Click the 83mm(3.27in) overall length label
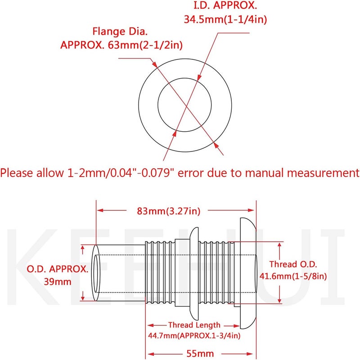pos(168,211)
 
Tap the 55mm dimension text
pos(200,354)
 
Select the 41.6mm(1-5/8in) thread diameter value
pos(293,276)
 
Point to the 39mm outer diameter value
pos(58,281)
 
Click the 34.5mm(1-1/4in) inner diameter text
pos(225,19)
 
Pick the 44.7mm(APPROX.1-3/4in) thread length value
pos(194,336)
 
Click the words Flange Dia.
pos(120,31)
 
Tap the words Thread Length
pos(194,325)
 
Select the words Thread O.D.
pos(293,264)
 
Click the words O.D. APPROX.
pos(58,269)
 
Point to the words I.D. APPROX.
pos(225,5)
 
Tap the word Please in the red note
pos(17,173)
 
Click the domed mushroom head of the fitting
pos(248,273)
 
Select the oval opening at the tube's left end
pos(96,273)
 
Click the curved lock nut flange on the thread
pos(194,274)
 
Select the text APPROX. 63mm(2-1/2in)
pos(121,45)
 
